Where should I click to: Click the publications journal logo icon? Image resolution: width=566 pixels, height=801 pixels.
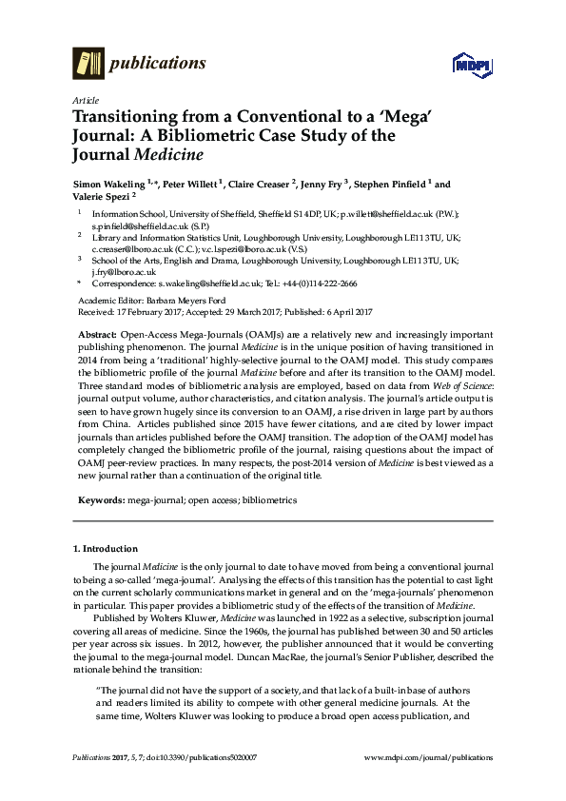click(88, 63)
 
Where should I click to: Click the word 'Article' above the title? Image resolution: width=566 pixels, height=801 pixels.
click(84, 99)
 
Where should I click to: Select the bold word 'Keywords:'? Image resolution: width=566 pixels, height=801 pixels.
click(102, 499)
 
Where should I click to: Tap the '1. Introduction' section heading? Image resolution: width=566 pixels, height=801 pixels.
click(106, 549)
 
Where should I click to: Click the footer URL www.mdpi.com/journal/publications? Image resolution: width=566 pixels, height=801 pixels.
click(428, 758)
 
